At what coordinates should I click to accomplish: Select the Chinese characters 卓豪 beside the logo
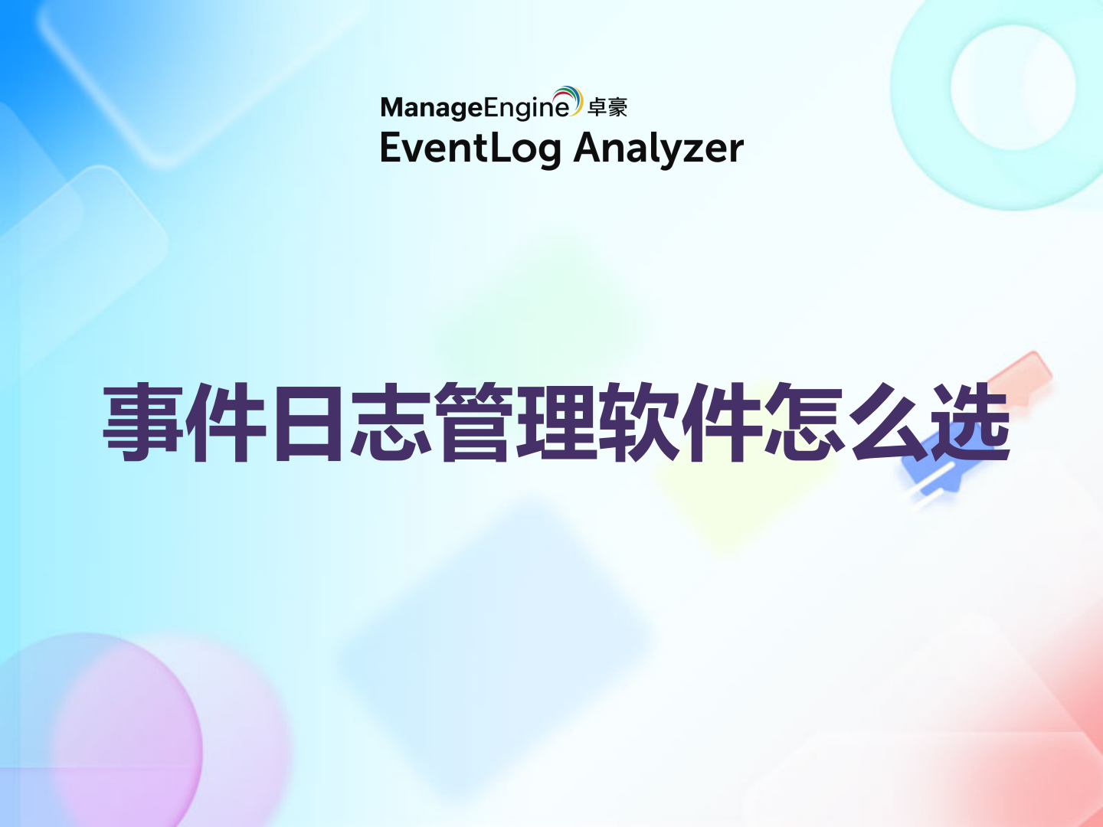click(x=607, y=108)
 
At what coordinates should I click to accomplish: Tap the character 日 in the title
click(x=308, y=423)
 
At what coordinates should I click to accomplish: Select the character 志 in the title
click(x=391, y=423)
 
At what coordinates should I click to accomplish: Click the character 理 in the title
click(x=557, y=423)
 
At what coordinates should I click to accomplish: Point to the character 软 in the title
click(x=640, y=423)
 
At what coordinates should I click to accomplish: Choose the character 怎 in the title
click(x=805, y=423)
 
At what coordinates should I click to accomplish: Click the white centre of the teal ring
click(x=1013, y=87)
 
